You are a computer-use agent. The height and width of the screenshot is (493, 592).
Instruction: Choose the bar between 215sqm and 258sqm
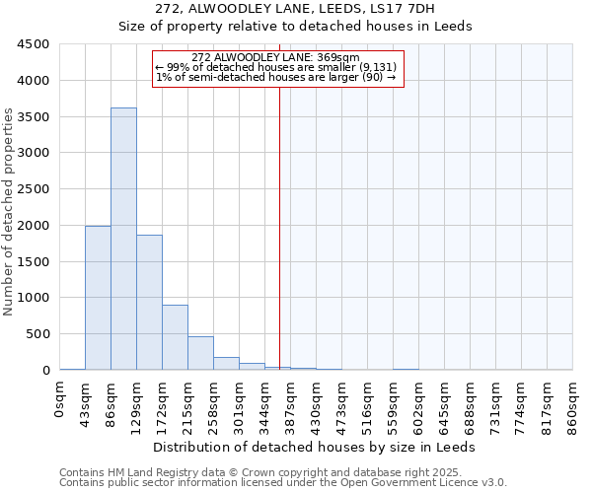coord(200,353)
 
